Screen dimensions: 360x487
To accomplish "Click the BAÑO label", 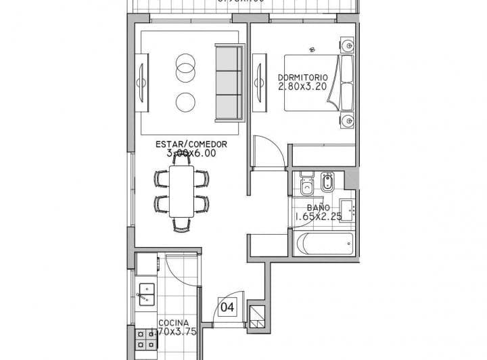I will (318, 208).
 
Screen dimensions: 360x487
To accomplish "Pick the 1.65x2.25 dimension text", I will (318, 217).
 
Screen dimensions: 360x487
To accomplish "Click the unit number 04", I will (227, 308).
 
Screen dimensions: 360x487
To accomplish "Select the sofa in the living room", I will (229, 83).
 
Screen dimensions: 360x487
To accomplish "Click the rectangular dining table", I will (181, 192).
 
